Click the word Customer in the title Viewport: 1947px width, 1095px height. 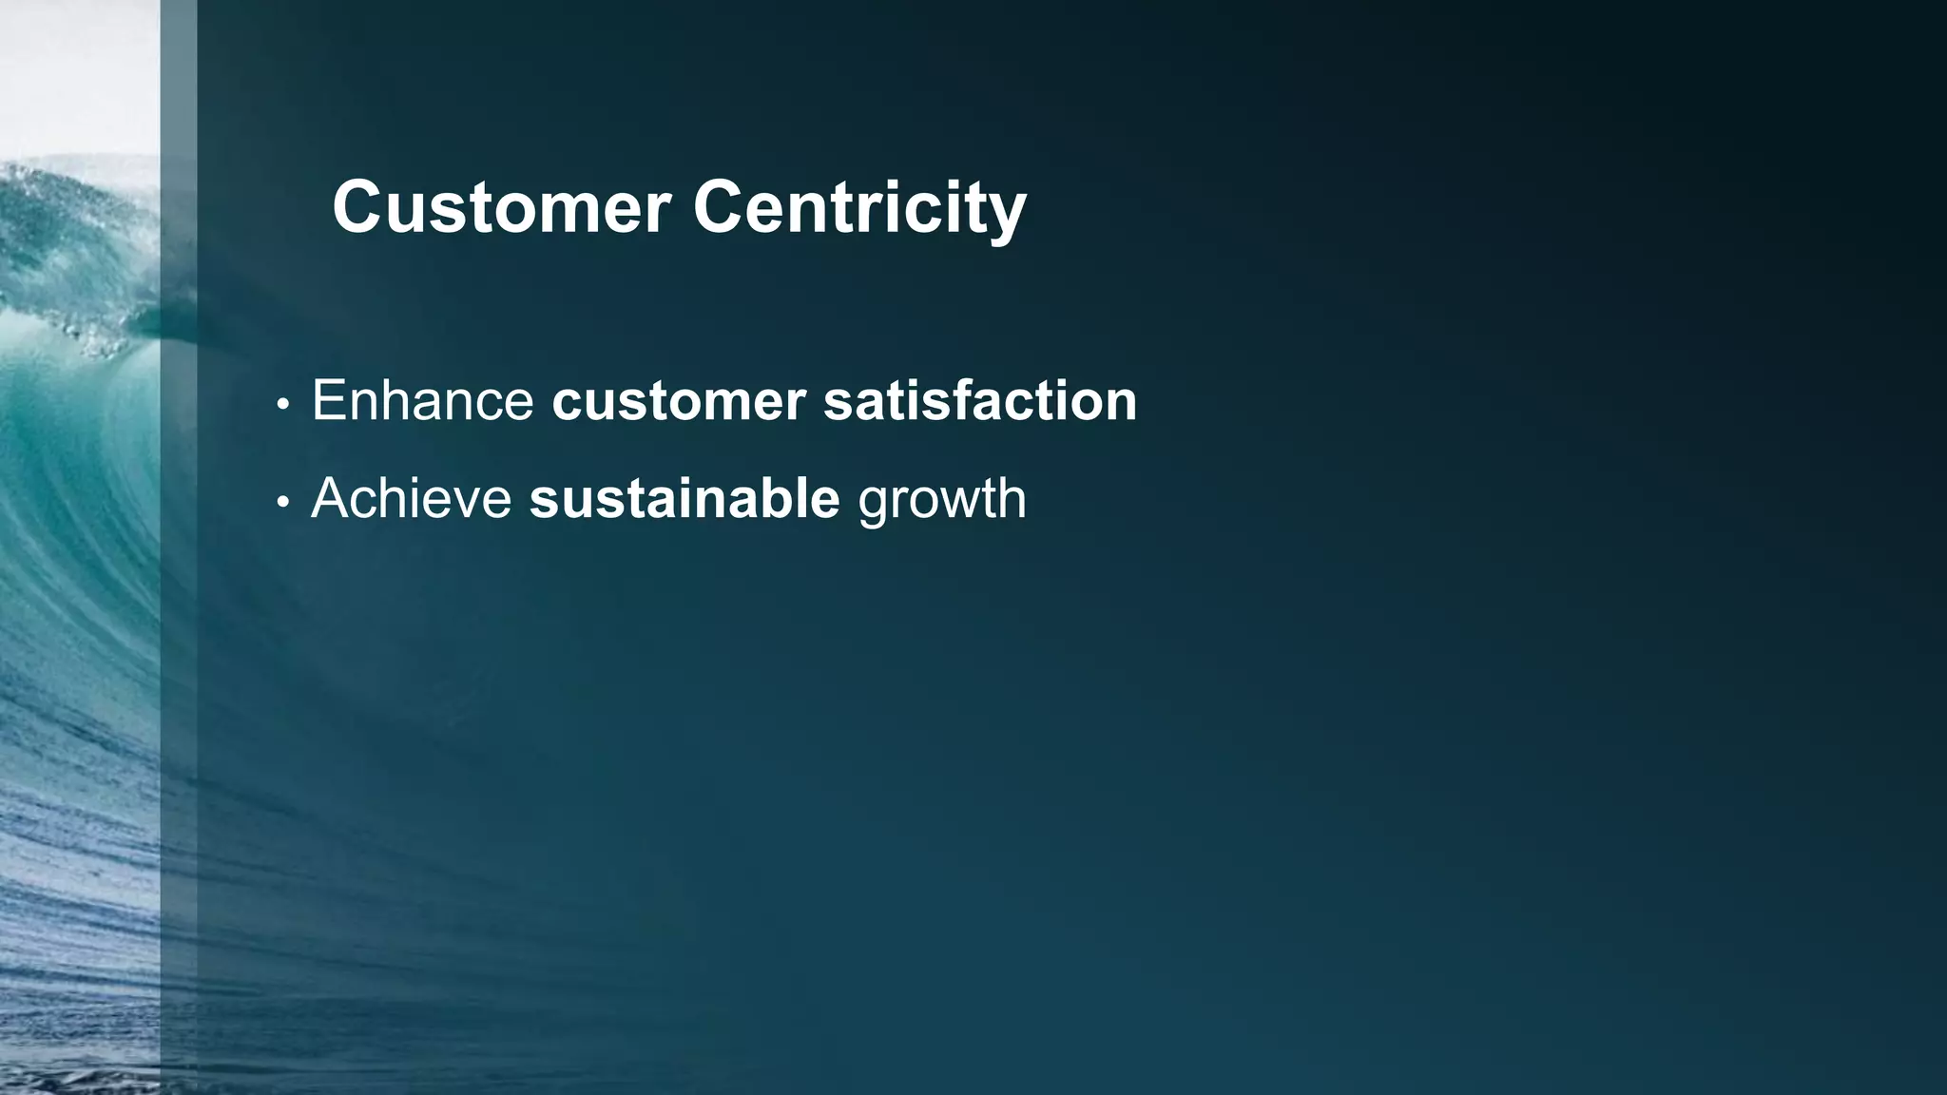click(x=502, y=207)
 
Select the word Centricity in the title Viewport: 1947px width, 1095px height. click(x=859, y=207)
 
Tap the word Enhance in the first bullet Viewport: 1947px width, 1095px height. click(x=423, y=400)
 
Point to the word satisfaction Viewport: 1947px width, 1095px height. click(x=980, y=400)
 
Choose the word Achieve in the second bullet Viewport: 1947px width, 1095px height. click(x=412, y=497)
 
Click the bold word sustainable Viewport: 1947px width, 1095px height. click(x=684, y=497)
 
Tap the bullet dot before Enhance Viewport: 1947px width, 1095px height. click(x=282, y=404)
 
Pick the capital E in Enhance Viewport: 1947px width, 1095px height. click(x=329, y=400)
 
